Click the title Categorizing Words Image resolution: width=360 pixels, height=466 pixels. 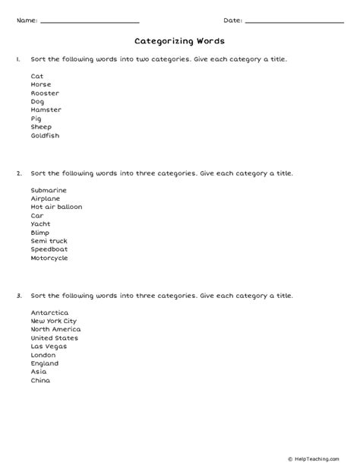point(179,42)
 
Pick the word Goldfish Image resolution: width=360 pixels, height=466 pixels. point(45,135)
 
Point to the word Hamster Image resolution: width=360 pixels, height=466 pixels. point(46,109)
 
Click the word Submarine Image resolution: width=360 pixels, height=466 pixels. point(49,189)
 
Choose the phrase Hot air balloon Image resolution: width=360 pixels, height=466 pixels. point(56,207)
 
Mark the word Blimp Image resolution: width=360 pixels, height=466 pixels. point(41,232)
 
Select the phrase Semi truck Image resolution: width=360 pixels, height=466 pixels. point(49,241)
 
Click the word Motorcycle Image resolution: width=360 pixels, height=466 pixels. point(49,258)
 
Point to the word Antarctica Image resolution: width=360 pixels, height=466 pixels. point(49,312)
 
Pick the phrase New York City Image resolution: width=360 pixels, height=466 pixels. point(53,321)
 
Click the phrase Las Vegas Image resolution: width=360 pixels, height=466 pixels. point(48,346)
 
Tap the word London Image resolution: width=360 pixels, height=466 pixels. point(43,354)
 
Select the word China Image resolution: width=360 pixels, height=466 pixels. point(40,380)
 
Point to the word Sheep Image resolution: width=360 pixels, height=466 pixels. point(41,127)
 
